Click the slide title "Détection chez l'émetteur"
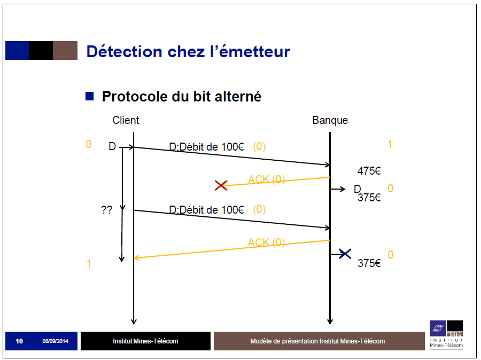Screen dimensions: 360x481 point(188,51)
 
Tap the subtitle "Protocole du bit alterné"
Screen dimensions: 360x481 point(181,97)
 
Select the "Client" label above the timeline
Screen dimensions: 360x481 point(126,120)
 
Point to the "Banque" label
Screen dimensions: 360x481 point(330,120)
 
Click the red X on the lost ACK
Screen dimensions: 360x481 point(221,185)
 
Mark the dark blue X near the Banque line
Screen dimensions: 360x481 point(345,253)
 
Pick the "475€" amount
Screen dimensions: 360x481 point(369,171)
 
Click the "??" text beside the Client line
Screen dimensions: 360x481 point(107,210)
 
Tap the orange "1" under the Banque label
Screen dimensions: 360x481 point(390,144)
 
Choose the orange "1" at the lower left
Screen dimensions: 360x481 point(89,264)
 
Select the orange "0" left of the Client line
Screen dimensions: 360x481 point(89,144)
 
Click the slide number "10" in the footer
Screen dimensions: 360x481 point(19,341)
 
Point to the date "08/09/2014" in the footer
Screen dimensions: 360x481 point(56,341)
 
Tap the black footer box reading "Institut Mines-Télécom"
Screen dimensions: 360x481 point(145,341)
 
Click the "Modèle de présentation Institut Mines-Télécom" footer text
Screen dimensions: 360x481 point(317,341)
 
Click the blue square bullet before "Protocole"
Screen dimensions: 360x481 point(90,96)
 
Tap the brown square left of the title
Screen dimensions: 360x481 point(65,50)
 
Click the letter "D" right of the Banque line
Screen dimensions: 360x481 point(358,189)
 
